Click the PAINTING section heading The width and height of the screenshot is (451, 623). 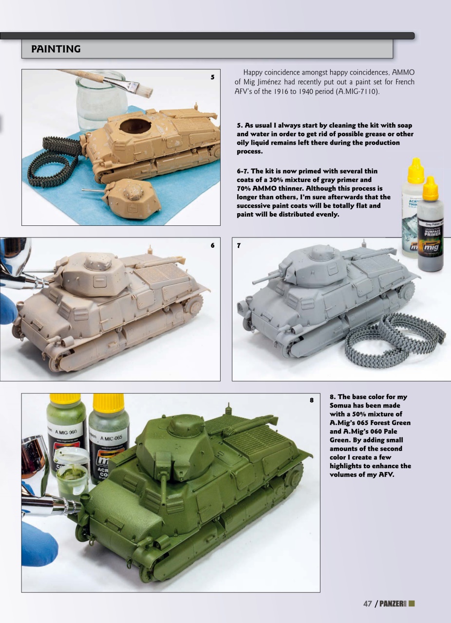pos(56,49)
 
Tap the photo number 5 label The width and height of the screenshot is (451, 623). pos(212,77)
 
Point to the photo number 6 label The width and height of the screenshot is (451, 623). pos(212,245)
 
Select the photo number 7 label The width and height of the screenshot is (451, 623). pos(239,245)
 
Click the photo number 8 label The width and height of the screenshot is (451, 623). pos(312,401)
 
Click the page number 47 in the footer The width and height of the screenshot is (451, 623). pos(368,604)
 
